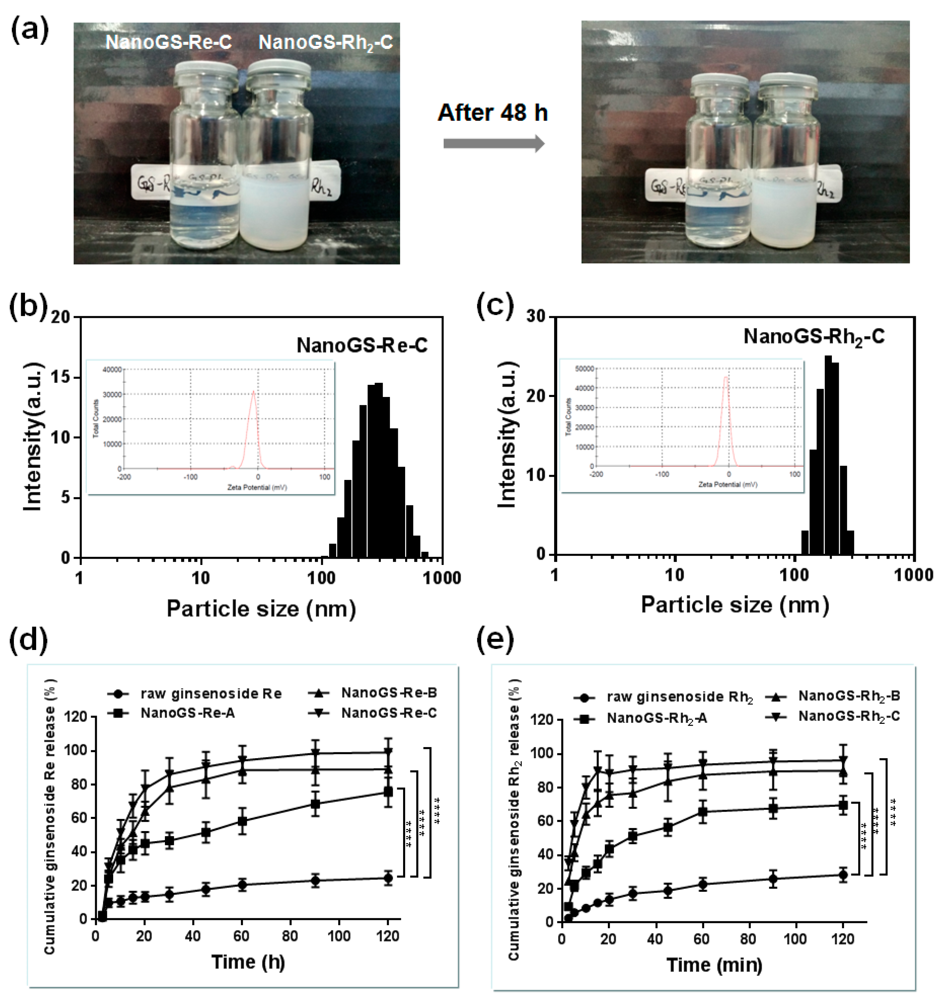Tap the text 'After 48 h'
point(493,113)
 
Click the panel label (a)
point(29,31)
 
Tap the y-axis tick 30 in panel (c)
point(536,317)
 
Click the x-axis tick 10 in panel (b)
point(200,578)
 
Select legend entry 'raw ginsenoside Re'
point(211,694)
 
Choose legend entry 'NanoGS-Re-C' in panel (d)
point(389,713)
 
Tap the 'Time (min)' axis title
point(714,964)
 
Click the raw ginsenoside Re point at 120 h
point(387,878)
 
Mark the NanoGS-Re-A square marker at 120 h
point(387,792)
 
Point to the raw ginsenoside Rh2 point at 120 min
point(843,875)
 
